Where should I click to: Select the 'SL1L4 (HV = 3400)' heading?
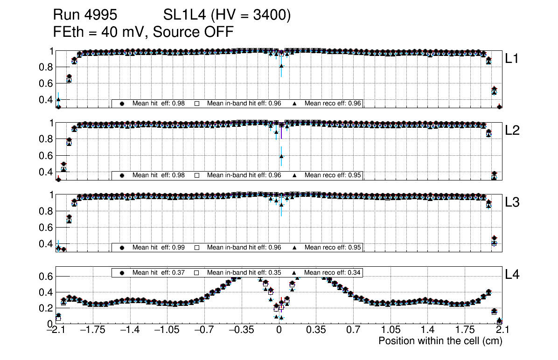(x=227, y=15)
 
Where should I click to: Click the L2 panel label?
(x=513, y=131)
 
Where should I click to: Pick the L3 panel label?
(x=513, y=202)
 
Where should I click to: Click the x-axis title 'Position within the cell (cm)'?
(x=440, y=341)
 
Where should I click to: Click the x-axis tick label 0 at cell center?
(x=279, y=330)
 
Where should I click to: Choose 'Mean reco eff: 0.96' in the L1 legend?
(x=333, y=104)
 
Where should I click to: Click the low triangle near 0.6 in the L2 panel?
(x=281, y=157)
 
